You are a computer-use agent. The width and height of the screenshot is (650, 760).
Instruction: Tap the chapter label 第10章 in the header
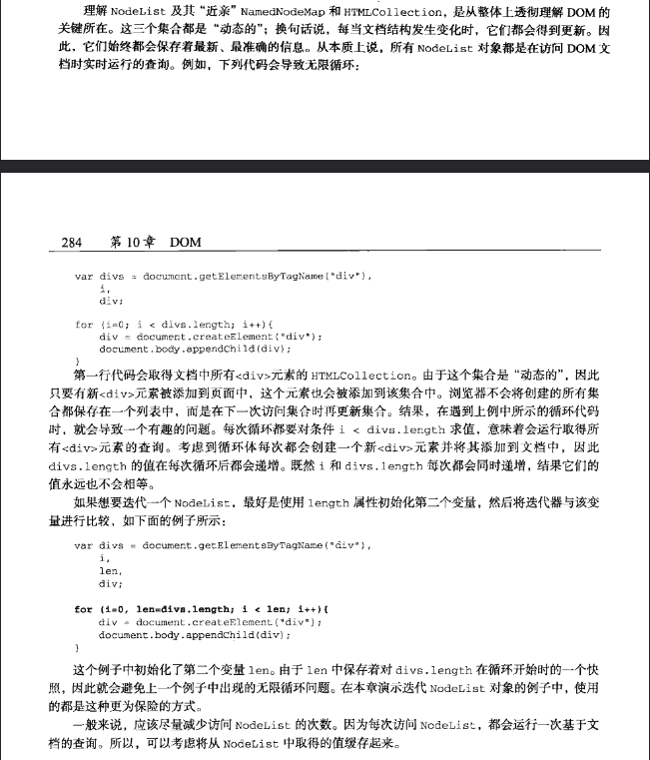pos(129,242)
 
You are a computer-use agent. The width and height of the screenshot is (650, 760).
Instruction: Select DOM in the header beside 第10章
pos(186,242)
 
